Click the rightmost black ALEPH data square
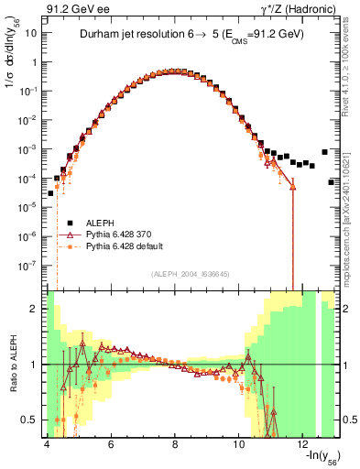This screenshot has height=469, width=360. click(331, 182)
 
